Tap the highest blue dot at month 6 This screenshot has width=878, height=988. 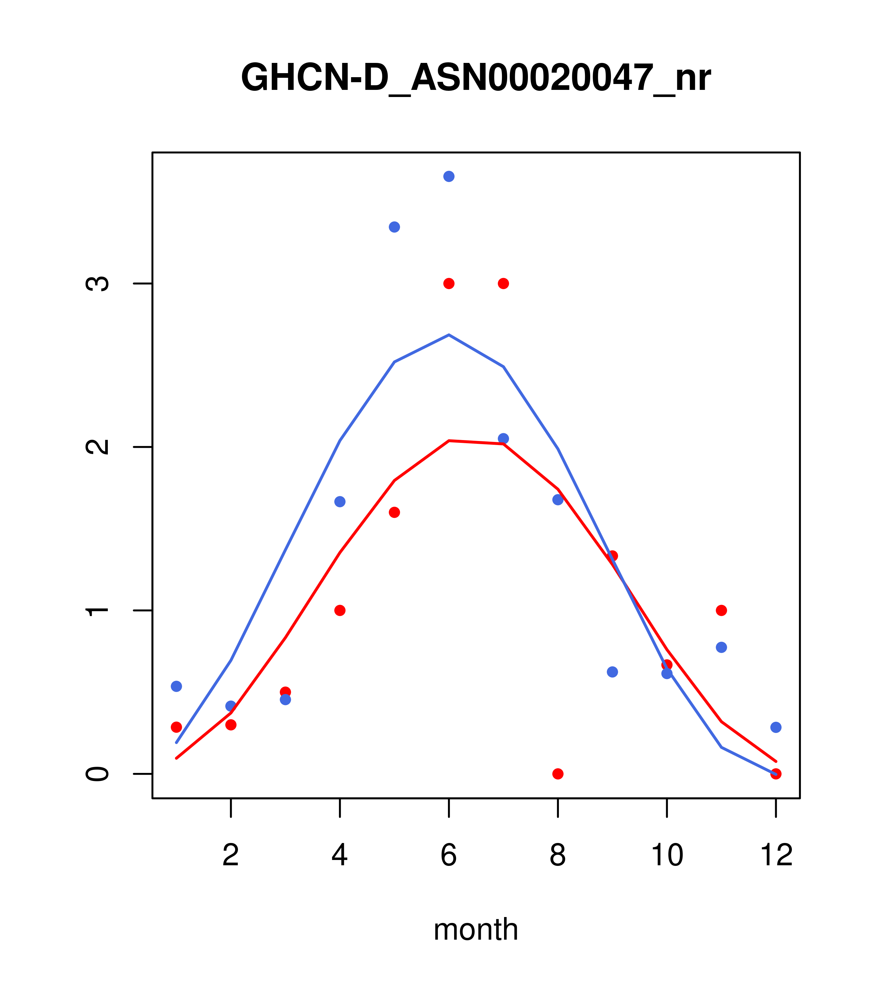(449, 176)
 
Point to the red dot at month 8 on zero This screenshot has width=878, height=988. (558, 774)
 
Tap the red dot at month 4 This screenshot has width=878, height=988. (340, 611)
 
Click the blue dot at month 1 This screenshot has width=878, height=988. (176, 686)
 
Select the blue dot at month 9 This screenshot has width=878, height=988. (612, 672)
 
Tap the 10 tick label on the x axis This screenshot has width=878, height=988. (667, 856)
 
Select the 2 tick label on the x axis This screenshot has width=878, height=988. (231, 856)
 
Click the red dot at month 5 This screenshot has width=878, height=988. (394, 512)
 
